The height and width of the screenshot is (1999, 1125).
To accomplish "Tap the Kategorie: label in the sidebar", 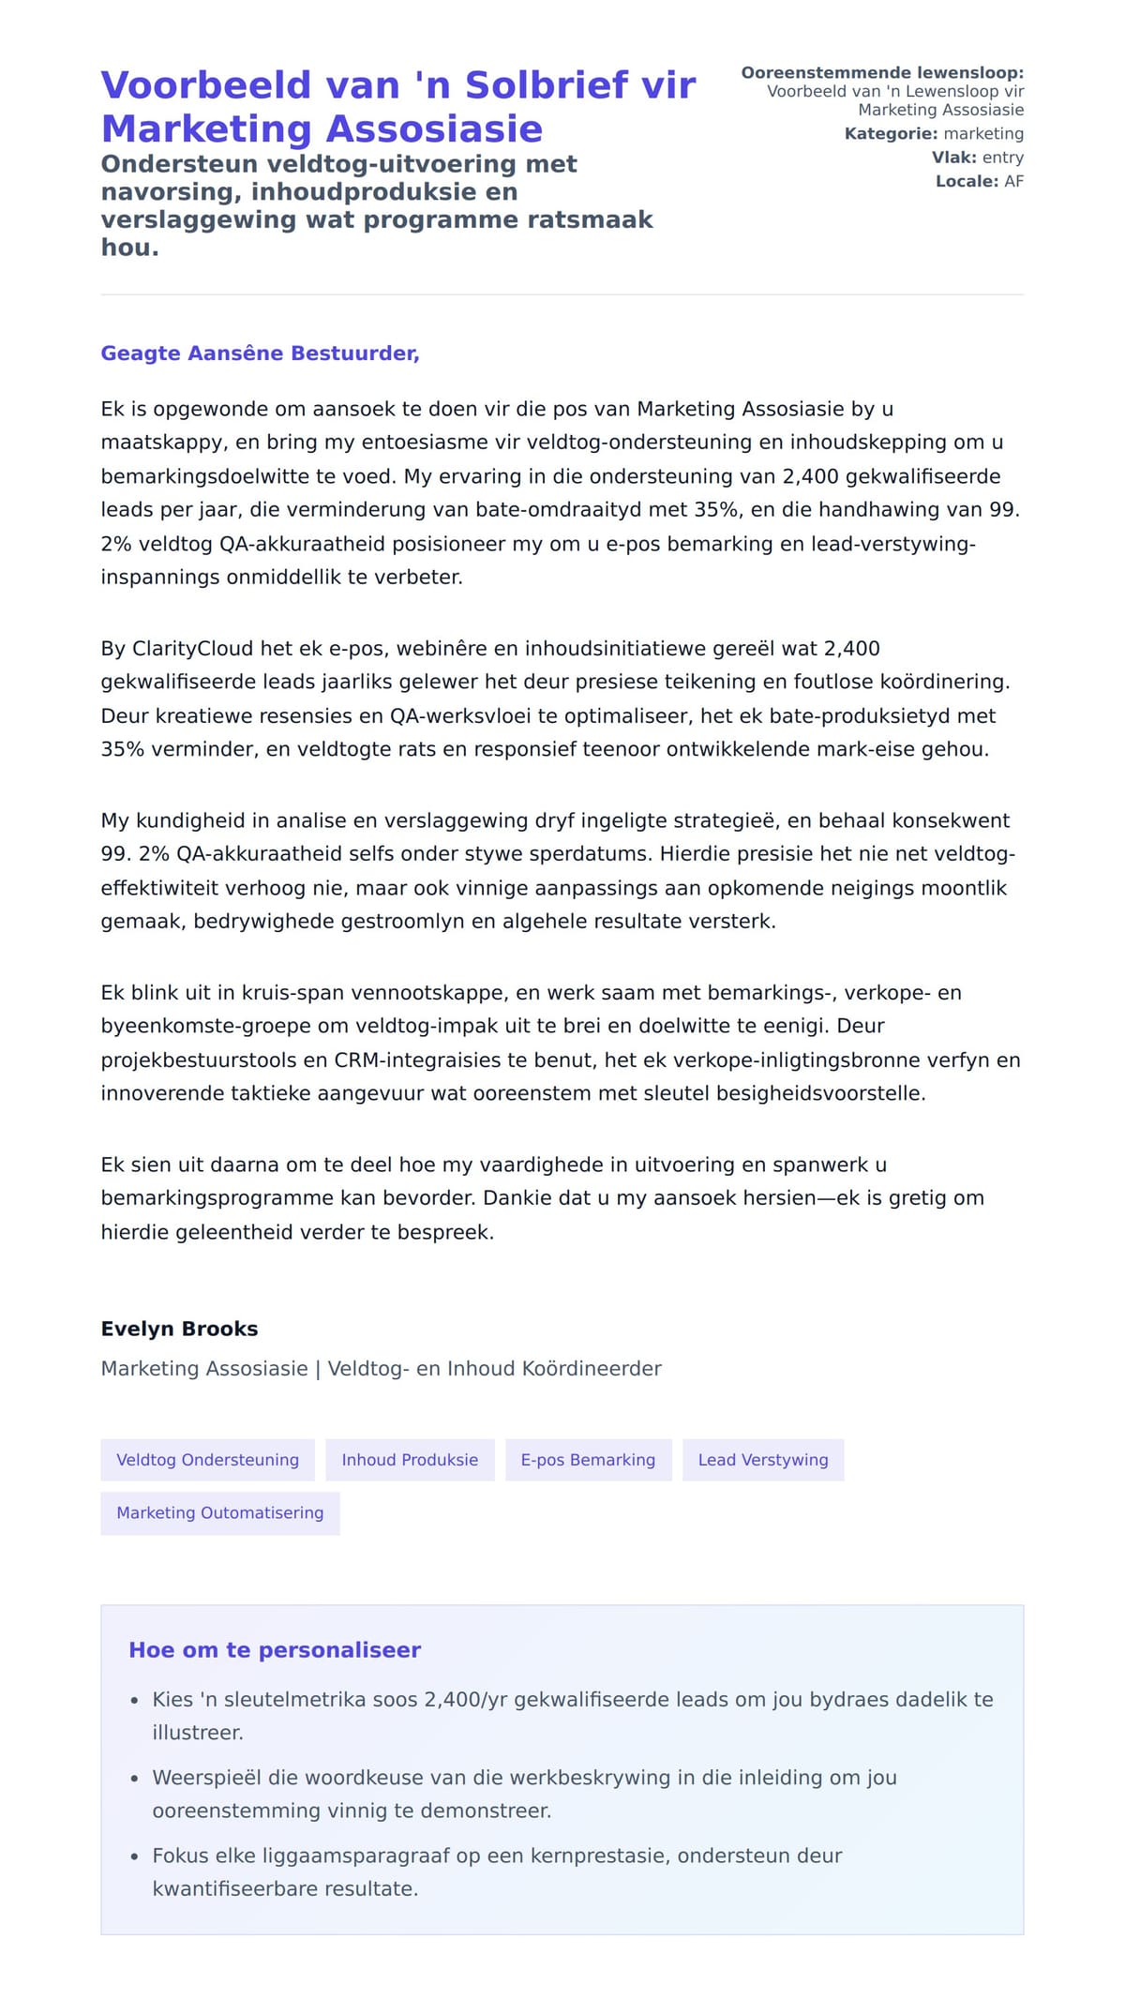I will [x=891, y=134].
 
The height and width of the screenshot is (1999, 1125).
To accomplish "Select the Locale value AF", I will [x=1013, y=182].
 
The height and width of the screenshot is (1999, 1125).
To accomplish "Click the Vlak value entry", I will [x=1002, y=158].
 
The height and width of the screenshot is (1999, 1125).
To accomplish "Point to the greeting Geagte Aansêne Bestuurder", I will [x=260, y=353].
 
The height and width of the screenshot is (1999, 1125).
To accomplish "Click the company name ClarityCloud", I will [x=192, y=649].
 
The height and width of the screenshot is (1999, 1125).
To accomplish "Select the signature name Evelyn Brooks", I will [x=179, y=1329].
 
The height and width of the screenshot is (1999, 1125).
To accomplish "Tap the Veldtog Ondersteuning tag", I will [x=207, y=1460].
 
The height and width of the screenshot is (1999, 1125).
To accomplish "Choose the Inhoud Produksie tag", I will [x=410, y=1460].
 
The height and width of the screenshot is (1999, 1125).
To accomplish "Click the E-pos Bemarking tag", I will [x=588, y=1460].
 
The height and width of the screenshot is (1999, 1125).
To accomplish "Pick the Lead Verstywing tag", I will [x=763, y=1460].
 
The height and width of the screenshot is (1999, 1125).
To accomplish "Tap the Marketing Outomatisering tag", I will [x=219, y=1512].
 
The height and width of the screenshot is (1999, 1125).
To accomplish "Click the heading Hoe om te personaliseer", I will [x=275, y=1650].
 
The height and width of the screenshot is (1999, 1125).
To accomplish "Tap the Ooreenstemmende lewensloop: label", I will [x=882, y=73].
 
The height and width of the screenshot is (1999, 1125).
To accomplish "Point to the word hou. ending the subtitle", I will [x=129, y=248].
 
